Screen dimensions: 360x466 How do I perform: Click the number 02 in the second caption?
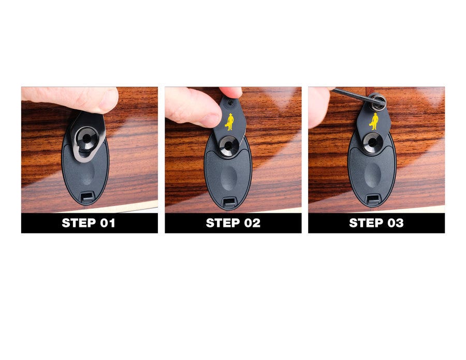pyautogui.click(x=250, y=223)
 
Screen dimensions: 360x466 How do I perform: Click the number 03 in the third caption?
pyautogui.click(x=393, y=223)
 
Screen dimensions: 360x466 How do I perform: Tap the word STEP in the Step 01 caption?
pyautogui.click(x=78, y=223)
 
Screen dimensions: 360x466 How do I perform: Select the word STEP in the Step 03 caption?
pyautogui.click(x=366, y=223)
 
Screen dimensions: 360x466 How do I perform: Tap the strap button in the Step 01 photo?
pyautogui.click(x=84, y=138)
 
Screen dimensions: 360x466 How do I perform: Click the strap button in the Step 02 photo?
pyautogui.click(x=228, y=146)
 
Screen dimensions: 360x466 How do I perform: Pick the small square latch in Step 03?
pyautogui.click(x=372, y=199)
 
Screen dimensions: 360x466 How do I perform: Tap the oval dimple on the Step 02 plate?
pyautogui.click(x=228, y=177)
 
